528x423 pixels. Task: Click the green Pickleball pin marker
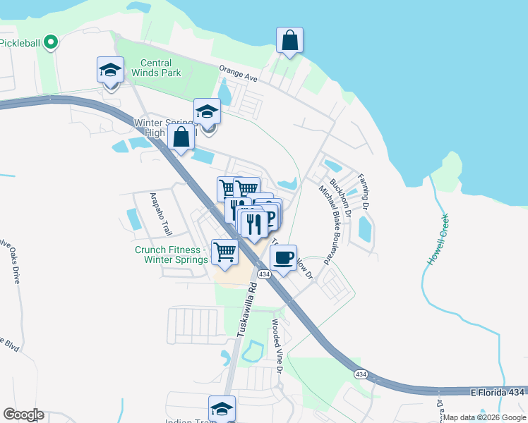pyautogui.click(x=50, y=43)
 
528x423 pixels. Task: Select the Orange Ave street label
pyautogui.click(x=238, y=74)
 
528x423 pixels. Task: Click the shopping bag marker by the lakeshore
pyautogui.click(x=289, y=41)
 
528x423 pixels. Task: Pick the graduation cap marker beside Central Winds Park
pyautogui.click(x=110, y=70)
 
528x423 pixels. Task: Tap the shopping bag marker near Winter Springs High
pyautogui.click(x=181, y=138)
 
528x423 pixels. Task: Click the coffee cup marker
pyautogui.click(x=283, y=259)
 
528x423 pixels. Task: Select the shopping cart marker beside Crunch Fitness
pyautogui.click(x=225, y=252)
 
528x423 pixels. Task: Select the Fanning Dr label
pyautogui.click(x=364, y=192)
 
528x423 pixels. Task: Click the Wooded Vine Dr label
pyautogui.click(x=277, y=348)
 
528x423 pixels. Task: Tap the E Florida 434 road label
pyautogui.click(x=497, y=391)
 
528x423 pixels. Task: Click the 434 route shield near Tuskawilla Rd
pyautogui.click(x=264, y=274)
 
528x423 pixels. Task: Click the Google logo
pyautogui.click(x=23, y=415)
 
